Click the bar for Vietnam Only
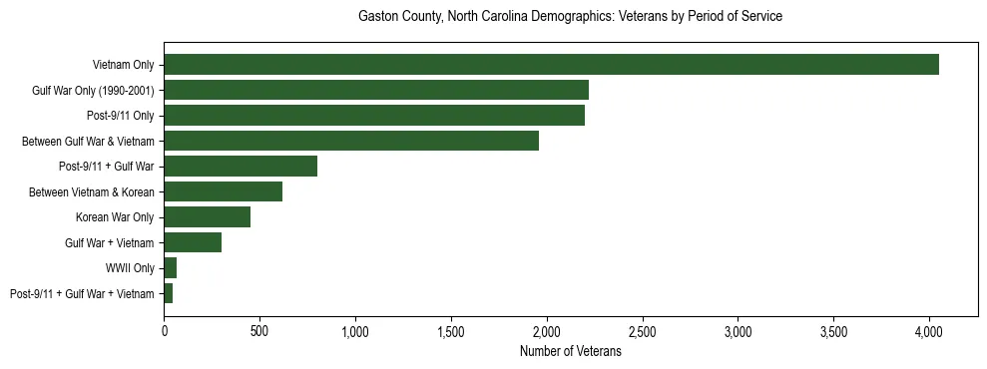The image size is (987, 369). pyautogui.click(x=551, y=65)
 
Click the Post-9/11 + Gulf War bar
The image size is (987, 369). pyautogui.click(x=241, y=167)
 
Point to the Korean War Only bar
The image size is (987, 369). pyautogui.click(x=207, y=217)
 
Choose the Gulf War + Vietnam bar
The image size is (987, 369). pyautogui.click(x=193, y=242)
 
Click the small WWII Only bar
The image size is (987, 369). pyautogui.click(x=171, y=268)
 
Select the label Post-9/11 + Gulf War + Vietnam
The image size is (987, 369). pyautogui.click(x=82, y=294)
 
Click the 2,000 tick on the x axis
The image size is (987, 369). pyautogui.click(x=547, y=328)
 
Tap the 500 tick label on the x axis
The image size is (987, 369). pyautogui.click(x=259, y=328)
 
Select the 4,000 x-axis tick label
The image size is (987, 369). pyautogui.click(x=929, y=328)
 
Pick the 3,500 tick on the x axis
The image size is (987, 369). pyautogui.click(x=833, y=328)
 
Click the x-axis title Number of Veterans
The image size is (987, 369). pyautogui.click(x=571, y=352)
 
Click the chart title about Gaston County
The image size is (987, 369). pyautogui.click(x=570, y=17)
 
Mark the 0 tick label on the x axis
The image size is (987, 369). pyautogui.click(x=164, y=328)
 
